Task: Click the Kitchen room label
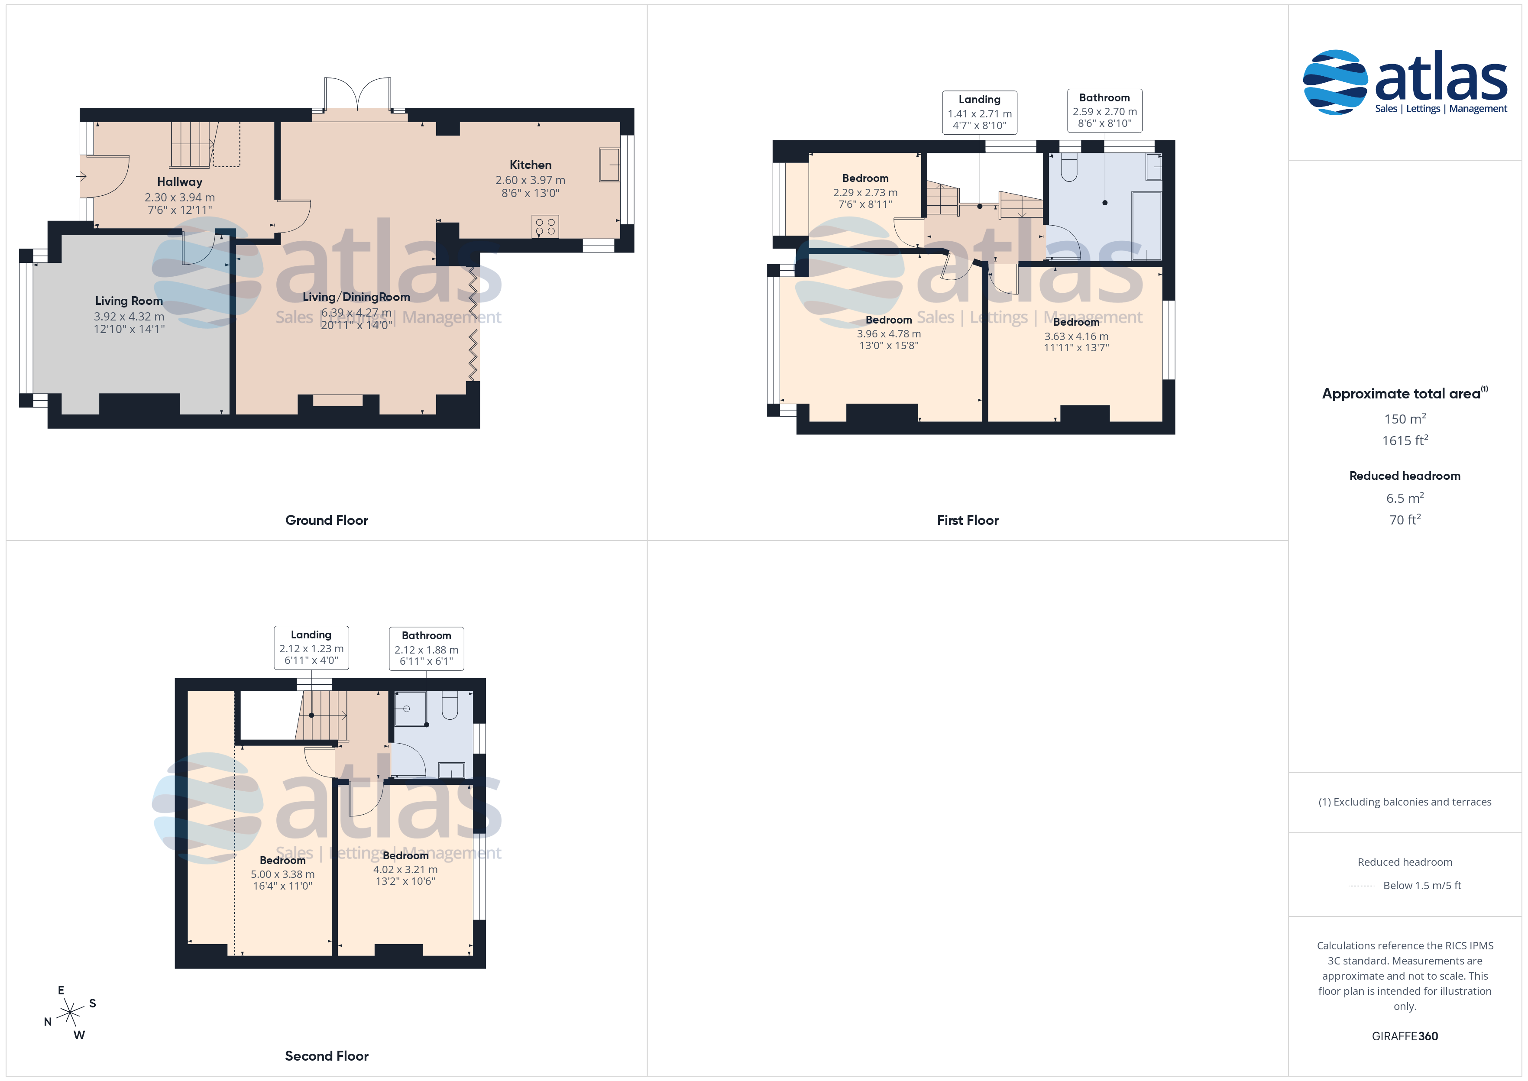tap(531, 165)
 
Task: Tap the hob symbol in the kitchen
tap(545, 227)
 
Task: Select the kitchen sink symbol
tap(610, 165)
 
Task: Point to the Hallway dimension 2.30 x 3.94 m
tap(180, 197)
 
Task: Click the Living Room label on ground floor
tap(129, 301)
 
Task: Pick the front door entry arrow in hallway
tap(81, 176)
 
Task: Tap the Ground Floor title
tap(327, 521)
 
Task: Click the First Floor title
tap(968, 521)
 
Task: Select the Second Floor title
tap(327, 1056)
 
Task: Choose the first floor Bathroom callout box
tap(1105, 110)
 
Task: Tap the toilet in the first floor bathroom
tap(1069, 168)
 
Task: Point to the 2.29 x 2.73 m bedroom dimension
tap(865, 192)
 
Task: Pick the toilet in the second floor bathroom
tap(450, 706)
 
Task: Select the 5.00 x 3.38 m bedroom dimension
tap(283, 874)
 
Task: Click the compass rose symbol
tap(70, 1013)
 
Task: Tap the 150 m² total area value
tap(1405, 419)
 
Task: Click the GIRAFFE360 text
tap(1405, 1036)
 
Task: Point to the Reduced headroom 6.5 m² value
tap(1405, 498)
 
